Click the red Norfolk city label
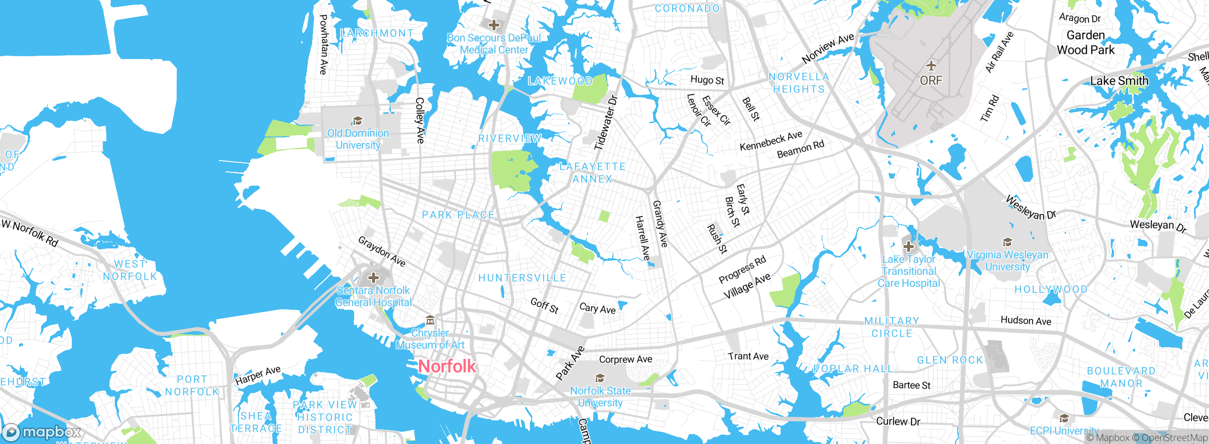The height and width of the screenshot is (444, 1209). point(447,367)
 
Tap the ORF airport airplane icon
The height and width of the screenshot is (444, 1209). point(931,65)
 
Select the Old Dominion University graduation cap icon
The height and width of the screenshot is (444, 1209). point(358,120)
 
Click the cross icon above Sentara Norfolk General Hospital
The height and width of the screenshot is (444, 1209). point(374,277)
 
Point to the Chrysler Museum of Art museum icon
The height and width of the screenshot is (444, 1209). point(430,321)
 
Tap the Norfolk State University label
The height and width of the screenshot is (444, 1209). point(600,396)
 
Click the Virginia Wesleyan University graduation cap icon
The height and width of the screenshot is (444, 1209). point(1007,242)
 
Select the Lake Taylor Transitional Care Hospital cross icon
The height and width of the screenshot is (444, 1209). point(908,246)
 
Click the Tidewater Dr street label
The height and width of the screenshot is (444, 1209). point(605,123)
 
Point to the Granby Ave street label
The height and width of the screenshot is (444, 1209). point(660,224)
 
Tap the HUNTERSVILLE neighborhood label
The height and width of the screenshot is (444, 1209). point(522,278)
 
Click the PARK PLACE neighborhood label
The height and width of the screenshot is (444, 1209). point(458,215)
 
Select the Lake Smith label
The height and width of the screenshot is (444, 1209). point(1119,81)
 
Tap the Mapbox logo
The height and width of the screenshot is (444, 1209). point(42,432)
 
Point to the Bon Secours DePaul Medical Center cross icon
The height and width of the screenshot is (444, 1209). point(494,25)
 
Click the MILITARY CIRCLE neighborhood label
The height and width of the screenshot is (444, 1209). point(892,327)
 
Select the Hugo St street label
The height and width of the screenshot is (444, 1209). point(707,80)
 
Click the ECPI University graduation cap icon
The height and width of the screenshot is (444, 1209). point(1064,418)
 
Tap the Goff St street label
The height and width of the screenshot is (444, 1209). point(545,306)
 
